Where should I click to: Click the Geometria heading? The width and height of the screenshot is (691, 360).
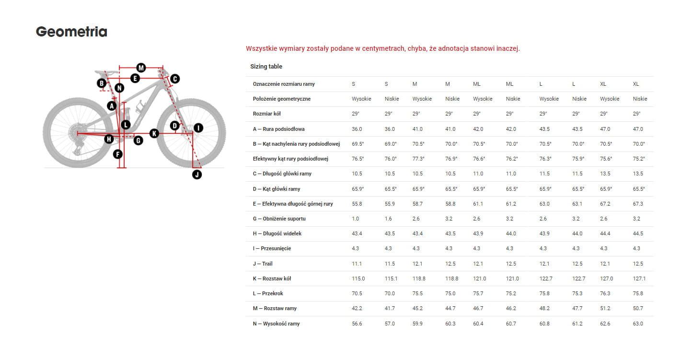(71, 32)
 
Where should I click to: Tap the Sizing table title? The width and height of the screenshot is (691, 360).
(266, 67)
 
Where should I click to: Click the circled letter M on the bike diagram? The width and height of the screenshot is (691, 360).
(140, 67)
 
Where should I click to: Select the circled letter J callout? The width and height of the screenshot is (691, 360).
(197, 174)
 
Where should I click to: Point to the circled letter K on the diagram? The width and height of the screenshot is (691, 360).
(154, 133)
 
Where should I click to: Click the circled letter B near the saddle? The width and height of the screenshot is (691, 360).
(102, 83)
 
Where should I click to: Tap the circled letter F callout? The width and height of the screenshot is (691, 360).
(117, 154)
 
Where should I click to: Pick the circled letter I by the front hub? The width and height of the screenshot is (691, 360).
(197, 128)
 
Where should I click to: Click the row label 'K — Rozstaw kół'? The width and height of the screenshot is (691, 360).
(272, 279)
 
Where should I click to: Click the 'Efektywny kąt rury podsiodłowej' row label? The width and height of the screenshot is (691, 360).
(290, 159)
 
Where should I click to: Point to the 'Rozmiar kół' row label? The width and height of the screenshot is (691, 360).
(266, 114)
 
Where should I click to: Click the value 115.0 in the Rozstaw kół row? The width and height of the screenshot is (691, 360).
(358, 279)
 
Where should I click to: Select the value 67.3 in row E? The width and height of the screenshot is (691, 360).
(638, 204)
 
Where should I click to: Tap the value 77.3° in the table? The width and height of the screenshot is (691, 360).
(418, 159)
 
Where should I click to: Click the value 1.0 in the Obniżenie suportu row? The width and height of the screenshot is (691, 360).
(355, 219)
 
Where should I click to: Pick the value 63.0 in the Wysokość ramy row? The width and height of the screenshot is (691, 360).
(638, 324)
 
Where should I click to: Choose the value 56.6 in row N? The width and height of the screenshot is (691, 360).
(357, 324)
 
